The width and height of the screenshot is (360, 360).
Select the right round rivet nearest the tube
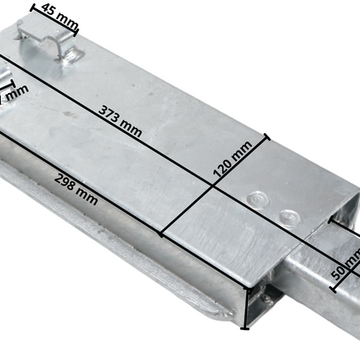tap(288, 216)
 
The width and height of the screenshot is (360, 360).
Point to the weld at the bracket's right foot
tap(75, 57)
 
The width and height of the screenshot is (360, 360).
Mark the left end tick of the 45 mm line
tap(33, 6)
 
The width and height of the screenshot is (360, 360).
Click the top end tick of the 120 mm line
tap(266, 136)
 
